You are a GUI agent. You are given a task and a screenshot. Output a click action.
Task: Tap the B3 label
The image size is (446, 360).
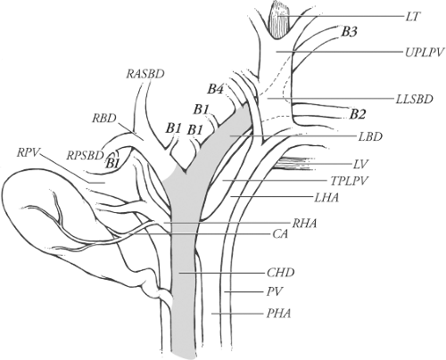coord(350,32)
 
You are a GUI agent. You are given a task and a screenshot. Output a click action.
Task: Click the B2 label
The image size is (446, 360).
coord(359,113)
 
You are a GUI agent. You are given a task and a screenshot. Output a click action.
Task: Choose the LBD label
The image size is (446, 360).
coord(368,136)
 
